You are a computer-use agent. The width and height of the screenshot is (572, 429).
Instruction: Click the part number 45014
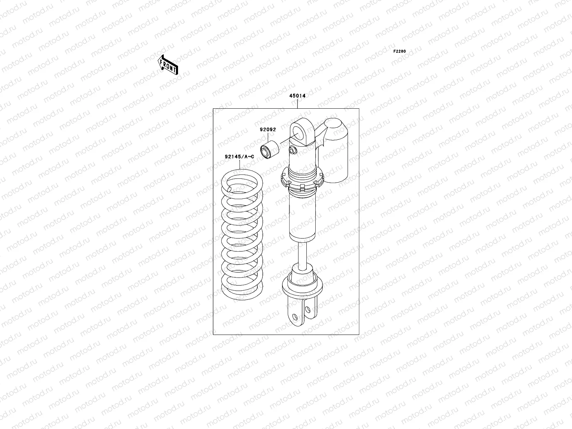297,96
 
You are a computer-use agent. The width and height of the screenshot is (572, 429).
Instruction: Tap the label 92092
268,129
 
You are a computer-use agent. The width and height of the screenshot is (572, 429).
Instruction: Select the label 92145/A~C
240,157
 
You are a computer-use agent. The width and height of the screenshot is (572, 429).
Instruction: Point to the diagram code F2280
399,51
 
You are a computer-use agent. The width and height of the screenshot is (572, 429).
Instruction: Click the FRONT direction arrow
168,65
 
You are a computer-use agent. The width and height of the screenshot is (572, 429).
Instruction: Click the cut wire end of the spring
229,189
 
